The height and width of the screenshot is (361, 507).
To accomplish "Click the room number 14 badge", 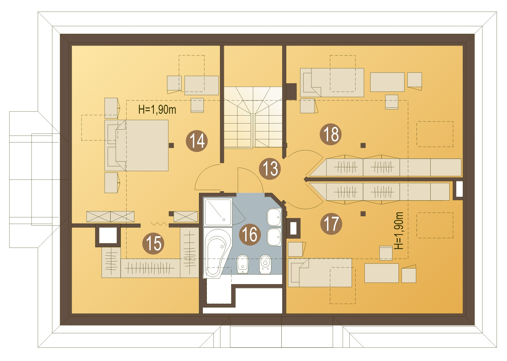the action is point(197,141).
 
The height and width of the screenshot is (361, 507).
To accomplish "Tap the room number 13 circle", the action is point(270,169).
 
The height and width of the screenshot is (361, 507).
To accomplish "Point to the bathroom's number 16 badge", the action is point(250,234).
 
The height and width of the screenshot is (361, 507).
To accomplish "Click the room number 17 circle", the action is point(331,224).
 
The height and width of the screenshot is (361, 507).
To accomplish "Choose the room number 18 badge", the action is point(331,134).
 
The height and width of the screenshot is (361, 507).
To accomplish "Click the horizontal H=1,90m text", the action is point(157,110).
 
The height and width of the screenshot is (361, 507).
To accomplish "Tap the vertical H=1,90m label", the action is point(399,230).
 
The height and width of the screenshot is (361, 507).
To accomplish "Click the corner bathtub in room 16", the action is point(217,253).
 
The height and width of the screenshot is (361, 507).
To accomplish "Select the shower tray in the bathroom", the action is point(218,212).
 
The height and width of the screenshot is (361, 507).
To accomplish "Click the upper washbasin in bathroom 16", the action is point(274,217).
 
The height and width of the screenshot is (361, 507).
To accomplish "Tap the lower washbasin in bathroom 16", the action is point(274,237).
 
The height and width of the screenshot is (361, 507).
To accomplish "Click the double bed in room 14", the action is point(137,146).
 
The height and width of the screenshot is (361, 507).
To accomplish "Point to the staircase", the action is point(253,117).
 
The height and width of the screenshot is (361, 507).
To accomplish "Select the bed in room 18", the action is point(332,82).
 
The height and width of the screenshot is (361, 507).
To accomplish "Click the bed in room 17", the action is point(320,272).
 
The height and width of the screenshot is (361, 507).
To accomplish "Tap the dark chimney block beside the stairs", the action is point(291,92).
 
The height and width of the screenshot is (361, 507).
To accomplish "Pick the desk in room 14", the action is point(202,85).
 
